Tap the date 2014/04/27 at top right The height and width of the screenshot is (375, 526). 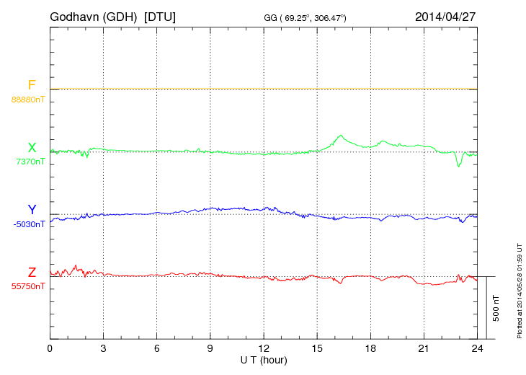[x=445, y=16]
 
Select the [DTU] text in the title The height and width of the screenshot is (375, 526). [x=159, y=16]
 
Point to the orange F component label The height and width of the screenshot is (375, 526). [x=32, y=86]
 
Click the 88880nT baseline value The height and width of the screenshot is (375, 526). [x=28, y=99]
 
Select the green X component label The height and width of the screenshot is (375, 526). [x=32, y=148]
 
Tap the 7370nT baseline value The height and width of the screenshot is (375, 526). [x=30, y=162]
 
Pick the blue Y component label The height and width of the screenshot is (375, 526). [x=32, y=210]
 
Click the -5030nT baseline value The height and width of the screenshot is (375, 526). [x=29, y=224]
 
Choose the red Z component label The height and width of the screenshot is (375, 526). [x=32, y=272]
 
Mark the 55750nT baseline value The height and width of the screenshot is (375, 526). [x=28, y=286]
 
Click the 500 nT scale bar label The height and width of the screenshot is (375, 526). [x=496, y=308]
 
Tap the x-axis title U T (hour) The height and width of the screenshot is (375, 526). [x=264, y=359]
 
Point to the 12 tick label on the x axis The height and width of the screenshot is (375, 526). [x=264, y=348]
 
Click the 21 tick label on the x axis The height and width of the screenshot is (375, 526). [x=424, y=348]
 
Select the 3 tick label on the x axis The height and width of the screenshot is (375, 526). [x=104, y=348]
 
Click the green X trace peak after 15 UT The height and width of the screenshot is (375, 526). [x=339, y=136]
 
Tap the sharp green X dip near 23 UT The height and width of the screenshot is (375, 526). [x=458, y=166]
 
